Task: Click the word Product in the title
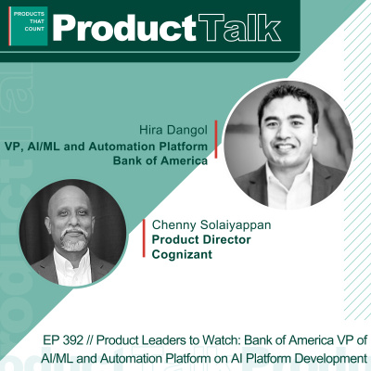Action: coord(114,28)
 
